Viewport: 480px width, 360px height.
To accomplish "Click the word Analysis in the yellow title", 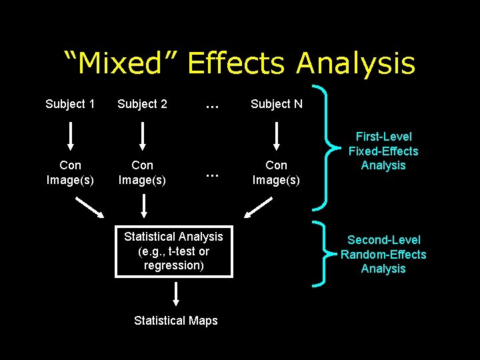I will coord(355,63).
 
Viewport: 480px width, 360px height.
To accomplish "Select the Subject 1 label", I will coord(70,104).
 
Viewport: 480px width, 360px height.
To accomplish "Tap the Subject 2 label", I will coord(142,104).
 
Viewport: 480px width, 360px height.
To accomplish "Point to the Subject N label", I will coord(276,104).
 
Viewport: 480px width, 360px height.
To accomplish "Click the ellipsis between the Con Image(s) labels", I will coord(212,174).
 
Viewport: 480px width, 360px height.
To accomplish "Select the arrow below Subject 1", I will coord(71,135).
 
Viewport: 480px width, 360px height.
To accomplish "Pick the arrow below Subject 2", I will coord(142,135).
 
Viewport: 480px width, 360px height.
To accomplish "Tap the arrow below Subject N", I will coord(276,135).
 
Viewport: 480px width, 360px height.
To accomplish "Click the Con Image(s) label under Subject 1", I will coord(70,172).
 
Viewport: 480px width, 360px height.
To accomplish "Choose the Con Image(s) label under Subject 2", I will coord(142,172).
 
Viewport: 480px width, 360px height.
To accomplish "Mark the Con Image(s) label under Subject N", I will coord(276,172).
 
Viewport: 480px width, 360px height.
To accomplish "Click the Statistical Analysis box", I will coord(173,251).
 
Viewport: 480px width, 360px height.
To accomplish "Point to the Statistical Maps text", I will coord(175,321).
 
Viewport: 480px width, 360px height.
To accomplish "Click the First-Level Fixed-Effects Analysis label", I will coord(383,151).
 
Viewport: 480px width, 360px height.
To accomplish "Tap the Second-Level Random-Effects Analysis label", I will coord(383,254).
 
